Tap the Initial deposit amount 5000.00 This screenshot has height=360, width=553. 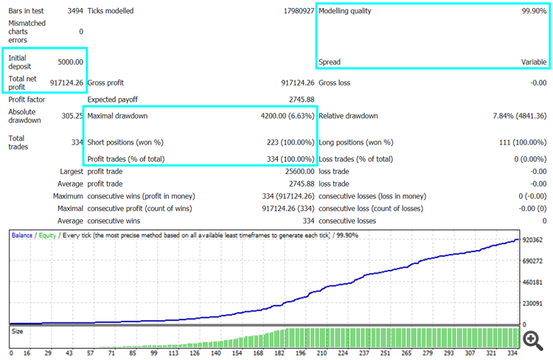pos(70,62)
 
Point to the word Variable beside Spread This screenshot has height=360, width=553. pos(534,62)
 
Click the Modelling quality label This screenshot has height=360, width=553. pos(345,11)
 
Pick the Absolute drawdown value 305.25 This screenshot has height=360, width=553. pos(71,116)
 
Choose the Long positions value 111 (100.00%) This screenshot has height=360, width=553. pos(519,142)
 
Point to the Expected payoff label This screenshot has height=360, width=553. pos(112,99)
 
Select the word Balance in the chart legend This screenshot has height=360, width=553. pos(22,235)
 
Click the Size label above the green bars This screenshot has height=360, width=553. pos(18,332)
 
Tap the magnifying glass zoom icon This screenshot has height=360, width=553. pos(532,339)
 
